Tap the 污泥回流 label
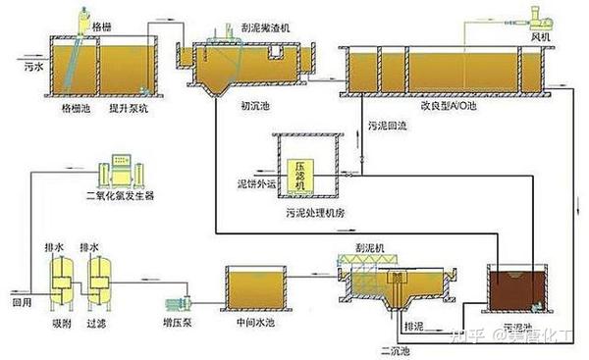387,127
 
